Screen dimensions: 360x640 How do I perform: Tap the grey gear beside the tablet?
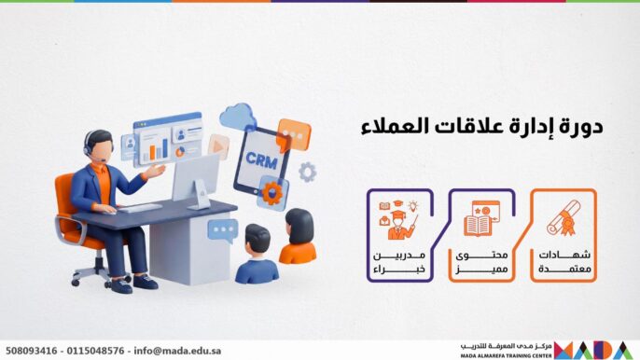(x=307, y=172)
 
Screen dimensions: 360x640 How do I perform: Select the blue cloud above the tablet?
(x=239, y=117)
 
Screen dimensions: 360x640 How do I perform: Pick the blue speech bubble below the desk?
(x=222, y=229)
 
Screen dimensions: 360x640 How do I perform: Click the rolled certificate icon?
(x=563, y=217)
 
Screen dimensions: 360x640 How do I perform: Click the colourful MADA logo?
(x=595, y=350)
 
